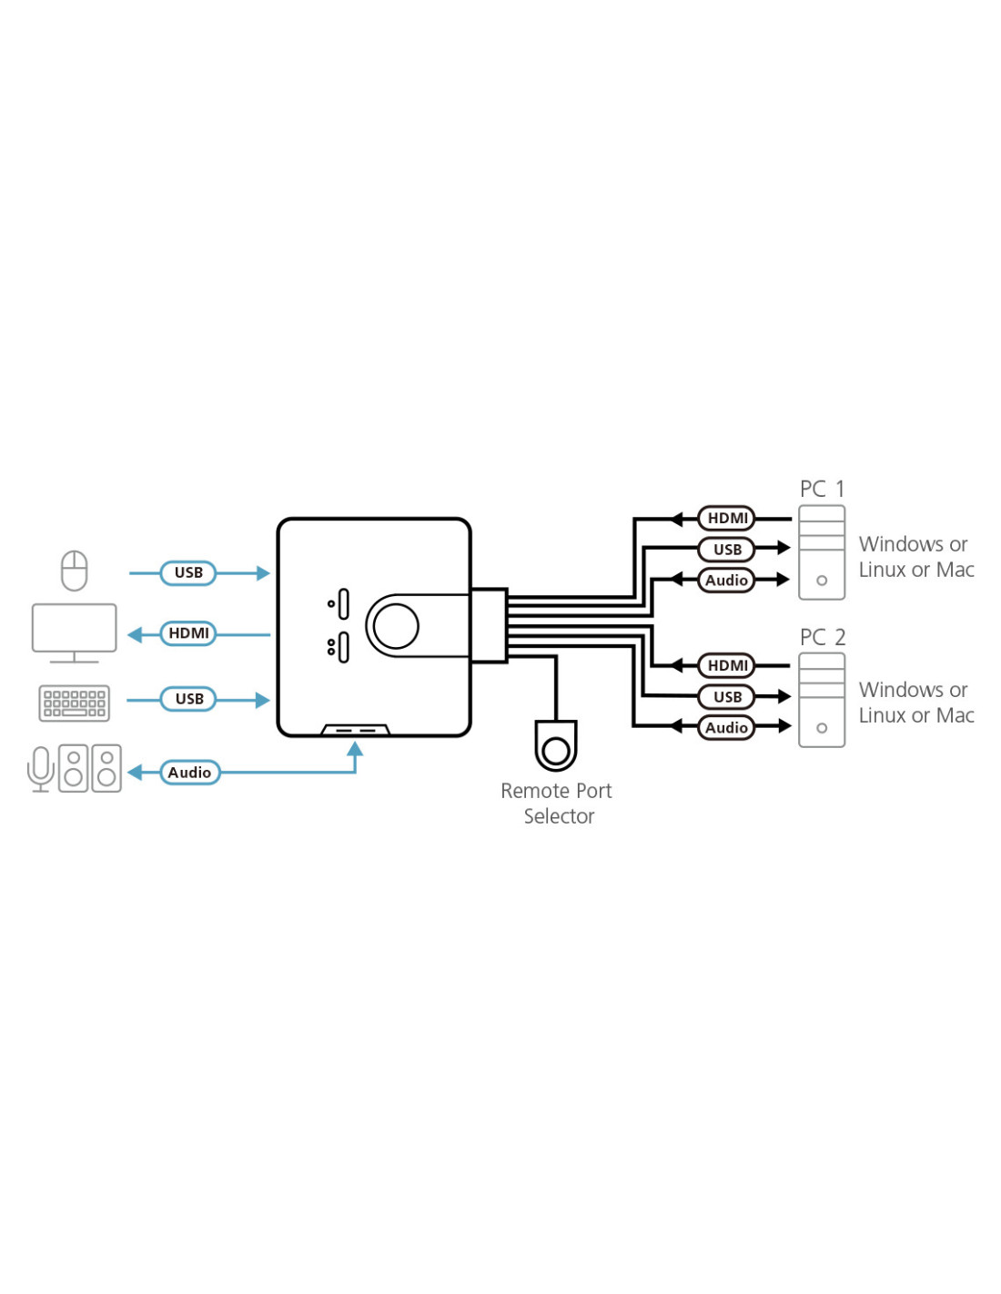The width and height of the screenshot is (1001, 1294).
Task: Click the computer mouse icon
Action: click(x=74, y=571)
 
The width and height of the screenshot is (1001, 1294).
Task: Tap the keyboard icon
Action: click(x=74, y=703)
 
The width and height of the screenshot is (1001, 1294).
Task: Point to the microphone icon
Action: click(x=41, y=769)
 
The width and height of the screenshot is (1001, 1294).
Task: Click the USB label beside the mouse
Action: click(x=188, y=573)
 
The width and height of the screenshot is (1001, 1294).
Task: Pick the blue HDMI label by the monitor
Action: click(x=188, y=633)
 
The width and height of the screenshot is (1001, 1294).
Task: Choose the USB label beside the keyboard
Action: click(x=188, y=699)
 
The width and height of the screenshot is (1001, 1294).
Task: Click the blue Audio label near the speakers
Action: click(x=189, y=773)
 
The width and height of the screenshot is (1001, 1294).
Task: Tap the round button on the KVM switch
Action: click(x=396, y=626)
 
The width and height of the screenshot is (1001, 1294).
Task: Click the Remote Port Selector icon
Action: click(x=555, y=746)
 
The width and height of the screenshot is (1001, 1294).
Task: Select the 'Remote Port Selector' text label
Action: click(x=557, y=804)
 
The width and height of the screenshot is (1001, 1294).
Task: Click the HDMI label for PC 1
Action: click(x=727, y=519)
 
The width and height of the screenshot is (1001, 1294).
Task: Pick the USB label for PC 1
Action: click(x=727, y=550)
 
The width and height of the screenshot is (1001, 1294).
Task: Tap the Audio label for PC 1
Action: click(x=726, y=581)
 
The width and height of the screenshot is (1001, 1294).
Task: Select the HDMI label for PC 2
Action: click(x=727, y=666)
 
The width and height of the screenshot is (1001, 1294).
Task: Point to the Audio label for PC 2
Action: click(x=726, y=728)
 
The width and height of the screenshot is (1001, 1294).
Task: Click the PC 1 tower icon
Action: click(x=822, y=553)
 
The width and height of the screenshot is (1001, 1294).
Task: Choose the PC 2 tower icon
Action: click(x=822, y=701)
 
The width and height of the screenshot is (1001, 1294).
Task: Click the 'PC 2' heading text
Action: click(x=822, y=637)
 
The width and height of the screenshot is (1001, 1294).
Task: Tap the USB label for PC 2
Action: click(x=727, y=697)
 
